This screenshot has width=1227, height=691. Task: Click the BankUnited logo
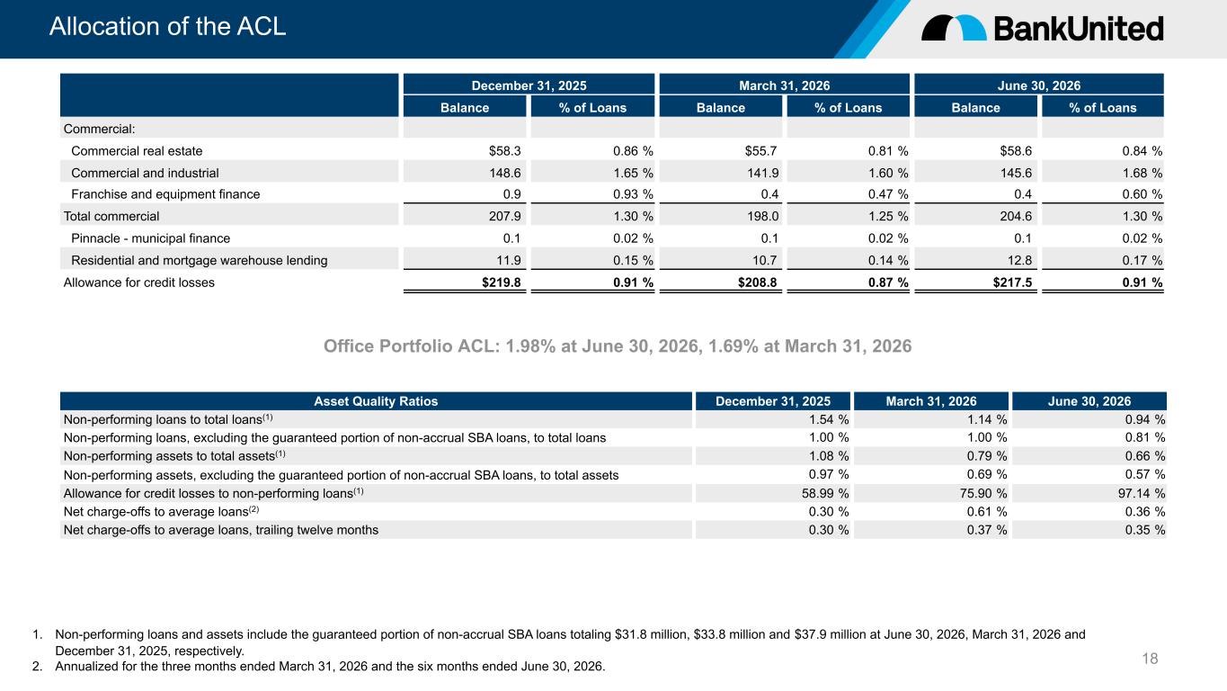[x=1042, y=29]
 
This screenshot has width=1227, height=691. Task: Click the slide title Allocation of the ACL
[x=167, y=27]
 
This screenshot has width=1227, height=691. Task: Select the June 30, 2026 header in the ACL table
[x=1038, y=85]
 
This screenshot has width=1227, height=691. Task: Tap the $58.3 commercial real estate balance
[x=504, y=151]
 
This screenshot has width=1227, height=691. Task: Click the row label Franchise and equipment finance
[x=165, y=194]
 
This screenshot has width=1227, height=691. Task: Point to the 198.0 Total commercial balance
[x=762, y=216]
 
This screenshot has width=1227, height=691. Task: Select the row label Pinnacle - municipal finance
[x=151, y=238]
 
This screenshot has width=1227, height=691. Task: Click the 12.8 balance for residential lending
[x=1019, y=260]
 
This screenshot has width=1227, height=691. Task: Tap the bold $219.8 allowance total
[x=502, y=283]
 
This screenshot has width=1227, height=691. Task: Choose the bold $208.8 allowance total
[x=757, y=283]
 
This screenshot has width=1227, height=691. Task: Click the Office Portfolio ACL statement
[x=618, y=346]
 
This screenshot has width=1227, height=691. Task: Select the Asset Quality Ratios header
[x=376, y=401]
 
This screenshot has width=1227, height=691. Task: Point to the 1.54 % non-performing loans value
[x=829, y=419]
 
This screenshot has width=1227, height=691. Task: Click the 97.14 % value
[x=1142, y=493]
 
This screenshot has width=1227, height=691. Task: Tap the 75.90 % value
[x=983, y=493]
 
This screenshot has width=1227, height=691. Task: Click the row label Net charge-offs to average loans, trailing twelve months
[x=221, y=530]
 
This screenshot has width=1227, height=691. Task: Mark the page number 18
[x=1150, y=658]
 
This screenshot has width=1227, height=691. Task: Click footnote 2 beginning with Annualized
[x=319, y=667]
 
